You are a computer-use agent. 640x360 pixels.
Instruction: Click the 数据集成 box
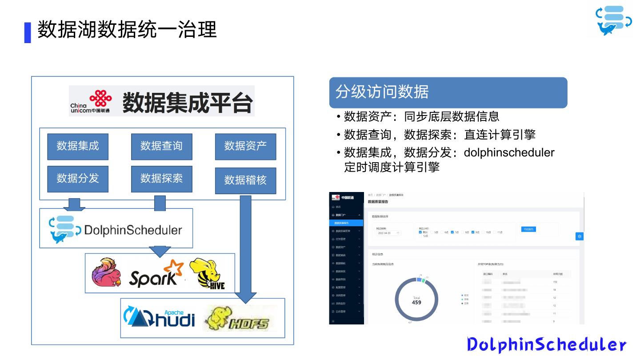tap(78, 146)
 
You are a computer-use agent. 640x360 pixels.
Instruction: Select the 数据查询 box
tap(161, 146)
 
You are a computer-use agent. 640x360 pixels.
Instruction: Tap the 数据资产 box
tap(245, 146)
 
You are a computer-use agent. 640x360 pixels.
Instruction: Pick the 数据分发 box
tap(78, 179)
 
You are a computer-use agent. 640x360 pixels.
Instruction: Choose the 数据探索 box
tap(161, 179)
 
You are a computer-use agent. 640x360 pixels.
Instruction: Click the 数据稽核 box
tap(245, 180)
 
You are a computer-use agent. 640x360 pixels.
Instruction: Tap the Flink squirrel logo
tap(107, 272)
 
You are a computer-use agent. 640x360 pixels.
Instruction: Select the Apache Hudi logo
tap(159, 317)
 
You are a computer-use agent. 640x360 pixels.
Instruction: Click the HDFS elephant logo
tap(237, 318)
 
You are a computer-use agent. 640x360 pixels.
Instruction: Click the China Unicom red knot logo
tap(100, 98)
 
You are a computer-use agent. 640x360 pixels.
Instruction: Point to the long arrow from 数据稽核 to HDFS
tap(245, 249)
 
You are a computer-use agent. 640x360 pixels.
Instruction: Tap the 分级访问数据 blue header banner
tap(448, 92)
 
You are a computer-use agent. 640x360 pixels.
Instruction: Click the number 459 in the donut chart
tap(416, 303)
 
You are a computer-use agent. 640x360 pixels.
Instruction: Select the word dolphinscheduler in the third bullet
tap(509, 153)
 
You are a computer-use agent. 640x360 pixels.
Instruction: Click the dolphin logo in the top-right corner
tap(613, 20)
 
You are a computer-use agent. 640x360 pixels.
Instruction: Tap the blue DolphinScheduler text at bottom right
tap(546, 345)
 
